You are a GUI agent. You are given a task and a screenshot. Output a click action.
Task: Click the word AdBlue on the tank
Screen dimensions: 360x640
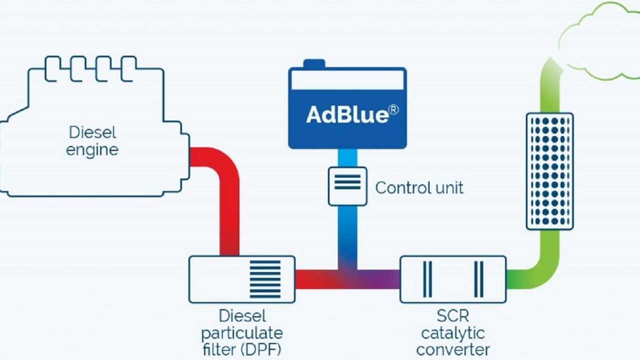click(x=346, y=115)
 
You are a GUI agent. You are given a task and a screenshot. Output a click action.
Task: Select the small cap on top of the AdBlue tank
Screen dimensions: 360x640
click(x=314, y=63)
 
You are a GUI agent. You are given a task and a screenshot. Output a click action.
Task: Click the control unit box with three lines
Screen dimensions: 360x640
click(x=347, y=186)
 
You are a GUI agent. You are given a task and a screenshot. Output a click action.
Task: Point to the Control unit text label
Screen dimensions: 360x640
click(x=419, y=188)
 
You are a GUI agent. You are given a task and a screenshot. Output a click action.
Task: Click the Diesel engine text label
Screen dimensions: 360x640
click(x=92, y=141)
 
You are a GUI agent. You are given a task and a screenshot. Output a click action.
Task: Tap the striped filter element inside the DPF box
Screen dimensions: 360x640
click(x=265, y=279)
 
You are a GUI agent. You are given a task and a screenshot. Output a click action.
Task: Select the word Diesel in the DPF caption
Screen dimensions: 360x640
click(x=242, y=316)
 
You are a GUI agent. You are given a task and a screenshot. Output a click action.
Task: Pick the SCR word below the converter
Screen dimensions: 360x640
click(x=452, y=316)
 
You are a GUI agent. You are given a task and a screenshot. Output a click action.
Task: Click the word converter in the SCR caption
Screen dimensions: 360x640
click(x=453, y=349)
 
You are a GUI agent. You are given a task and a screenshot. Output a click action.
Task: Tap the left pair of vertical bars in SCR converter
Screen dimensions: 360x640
click(x=427, y=279)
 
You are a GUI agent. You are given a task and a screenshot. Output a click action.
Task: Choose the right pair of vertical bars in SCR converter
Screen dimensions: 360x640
click(x=478, y=279)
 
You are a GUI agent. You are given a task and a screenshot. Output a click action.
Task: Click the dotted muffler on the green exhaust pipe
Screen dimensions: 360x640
click(x=549, y=171)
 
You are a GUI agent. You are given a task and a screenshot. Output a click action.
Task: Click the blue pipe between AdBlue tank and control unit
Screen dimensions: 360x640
click(x=347, y=158)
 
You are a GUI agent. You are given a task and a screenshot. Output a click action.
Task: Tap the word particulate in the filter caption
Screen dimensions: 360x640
click(x=242, y=332)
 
